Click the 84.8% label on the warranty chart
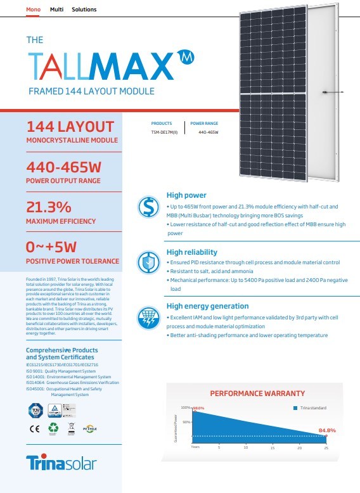(x=327, y=431)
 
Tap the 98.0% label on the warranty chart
(x=198, y=408)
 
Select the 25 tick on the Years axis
(x=326, y=447)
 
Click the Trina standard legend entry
(x=310, y=407)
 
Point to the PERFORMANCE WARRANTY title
(x=257, y=394)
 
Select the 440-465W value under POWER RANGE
(x=208, y=132)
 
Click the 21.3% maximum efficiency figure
(x=48, y=207)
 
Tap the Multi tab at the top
(x=56, y=10)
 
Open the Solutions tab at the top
(x=84, y=10)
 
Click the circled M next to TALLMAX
(x=184, y=56)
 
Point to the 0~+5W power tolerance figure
(x=51, y=246)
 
